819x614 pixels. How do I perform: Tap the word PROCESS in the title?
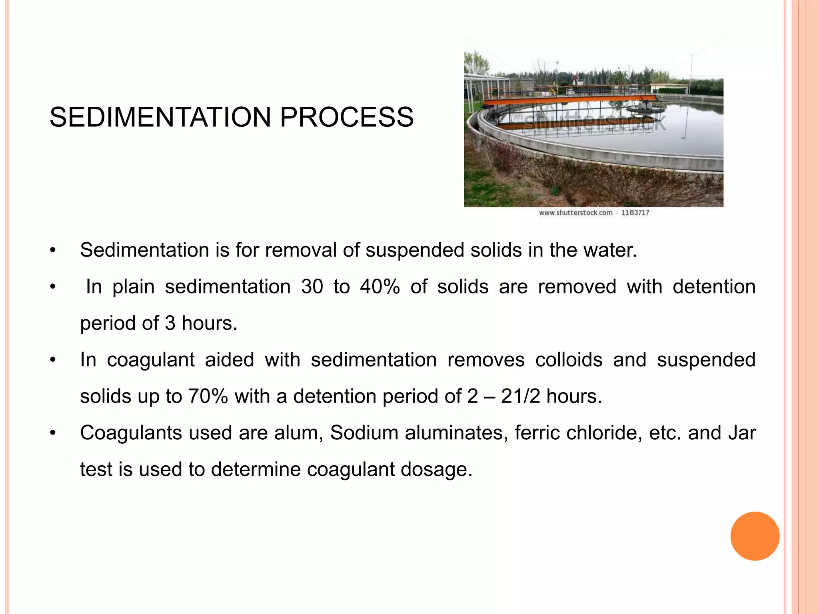(x=346, y=118)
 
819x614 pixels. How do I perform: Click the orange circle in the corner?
(x=755, y=536)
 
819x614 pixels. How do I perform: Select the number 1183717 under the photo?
(x=635, y=213)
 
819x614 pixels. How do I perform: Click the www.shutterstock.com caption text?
(x=575, y=213)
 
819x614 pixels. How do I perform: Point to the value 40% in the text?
(x=380, y=287)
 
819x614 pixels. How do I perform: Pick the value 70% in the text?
(x=208, y=397)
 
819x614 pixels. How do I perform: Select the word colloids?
(x=569, y=360)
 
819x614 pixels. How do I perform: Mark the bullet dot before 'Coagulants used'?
(x=52, y=433)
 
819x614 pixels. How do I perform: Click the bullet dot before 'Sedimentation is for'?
(x=52, y=251)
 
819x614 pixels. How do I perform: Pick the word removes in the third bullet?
(x=485, y=360)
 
